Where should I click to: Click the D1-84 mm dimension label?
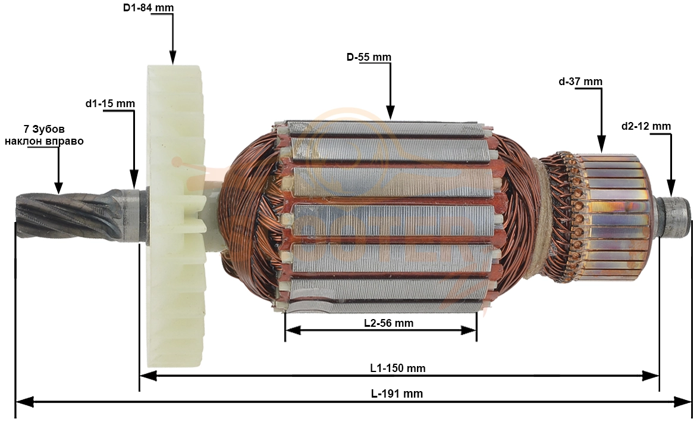(x=148, y=8)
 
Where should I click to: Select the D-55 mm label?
(x=369, y=57)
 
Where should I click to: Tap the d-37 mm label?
(x=580, y=82)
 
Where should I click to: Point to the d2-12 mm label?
(x=646, y=126)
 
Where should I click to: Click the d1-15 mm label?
(x=110, y=104)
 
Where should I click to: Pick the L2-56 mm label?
(x=389, y=323)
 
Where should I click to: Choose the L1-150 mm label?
(x=398, y=368)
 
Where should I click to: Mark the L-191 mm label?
(x=397, y=393)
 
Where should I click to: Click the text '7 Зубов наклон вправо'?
(x=44, y=135)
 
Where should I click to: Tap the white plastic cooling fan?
(x=175, y=217)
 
